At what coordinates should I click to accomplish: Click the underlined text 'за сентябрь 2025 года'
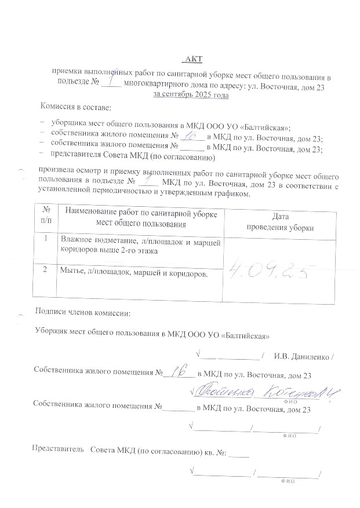tap(190, 94)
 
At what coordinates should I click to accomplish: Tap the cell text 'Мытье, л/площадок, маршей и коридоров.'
tap(134, 272)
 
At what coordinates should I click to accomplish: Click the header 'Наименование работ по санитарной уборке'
tap(141, 214)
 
